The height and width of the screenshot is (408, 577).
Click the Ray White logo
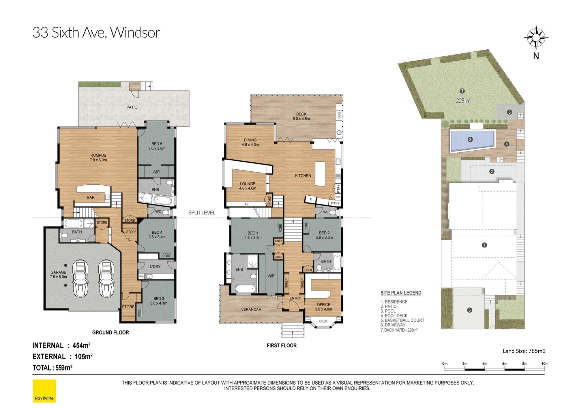tap(44, 391)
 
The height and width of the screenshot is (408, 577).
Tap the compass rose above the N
tap(536, 38)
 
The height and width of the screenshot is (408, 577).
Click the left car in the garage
tap(80, 278)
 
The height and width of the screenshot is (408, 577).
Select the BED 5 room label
tap(157, 146)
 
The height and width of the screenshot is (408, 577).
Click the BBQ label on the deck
tap(339, 115)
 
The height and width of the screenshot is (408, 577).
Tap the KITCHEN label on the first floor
tap(303, 176)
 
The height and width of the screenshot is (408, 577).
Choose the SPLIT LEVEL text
tap(202, 213)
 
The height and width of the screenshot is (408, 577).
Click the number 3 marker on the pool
tap(470, 140)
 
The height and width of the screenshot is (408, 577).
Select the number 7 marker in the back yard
tap(462, 91)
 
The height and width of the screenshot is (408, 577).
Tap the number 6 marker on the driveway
tap(469, 310)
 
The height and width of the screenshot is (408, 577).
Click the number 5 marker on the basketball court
tap(509, 112)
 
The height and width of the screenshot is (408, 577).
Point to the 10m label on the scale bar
tap(545, 364)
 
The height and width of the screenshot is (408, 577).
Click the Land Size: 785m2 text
tap(524, 351)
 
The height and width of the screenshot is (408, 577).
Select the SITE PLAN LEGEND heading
tap(401, 293)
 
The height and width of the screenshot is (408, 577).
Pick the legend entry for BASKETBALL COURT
tap(402, 320)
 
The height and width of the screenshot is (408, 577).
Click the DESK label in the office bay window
tap(323, 321)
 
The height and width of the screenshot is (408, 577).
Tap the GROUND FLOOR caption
tap(110, 332)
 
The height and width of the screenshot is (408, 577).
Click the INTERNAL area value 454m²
tap(81, 345)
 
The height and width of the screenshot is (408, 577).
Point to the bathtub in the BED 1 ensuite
tap(246, 288)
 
